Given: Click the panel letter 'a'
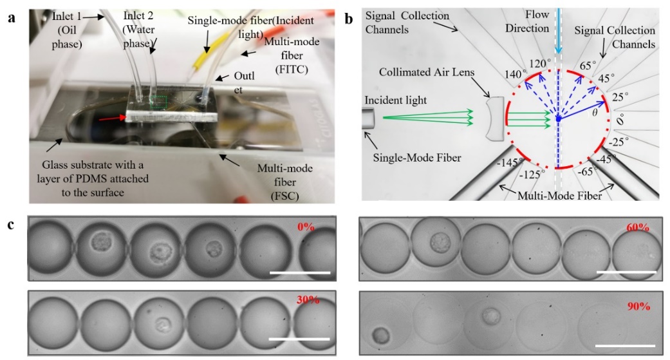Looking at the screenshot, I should pos(11,17).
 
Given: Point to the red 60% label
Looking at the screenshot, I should pos(637,228).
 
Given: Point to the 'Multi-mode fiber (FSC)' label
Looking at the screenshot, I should pos(285,179).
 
